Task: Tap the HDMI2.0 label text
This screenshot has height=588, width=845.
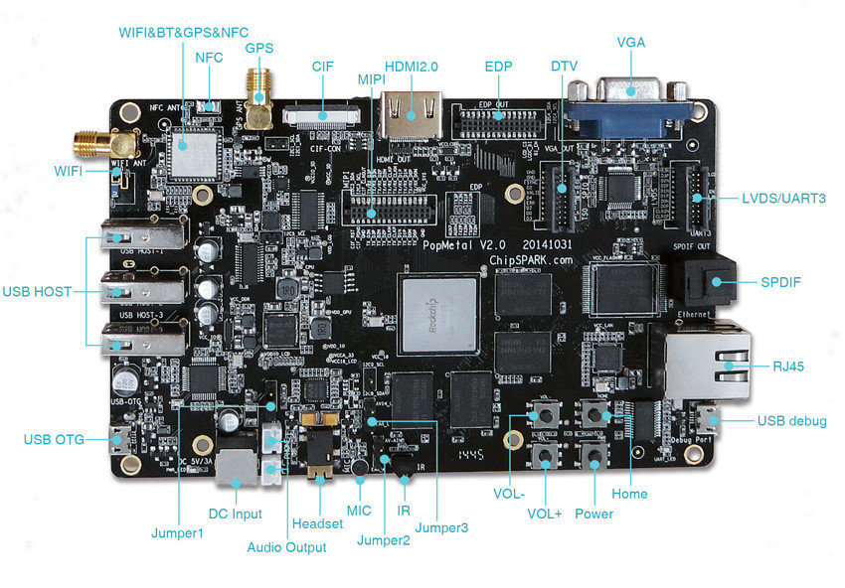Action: (412, 66)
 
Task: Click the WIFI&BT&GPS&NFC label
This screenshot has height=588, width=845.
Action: (183, 32)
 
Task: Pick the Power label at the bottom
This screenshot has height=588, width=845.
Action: (593, 514)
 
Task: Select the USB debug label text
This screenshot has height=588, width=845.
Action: (791, 422)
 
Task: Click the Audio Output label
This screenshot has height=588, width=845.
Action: (286, 547)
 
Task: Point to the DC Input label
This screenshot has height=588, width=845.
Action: (235, 514)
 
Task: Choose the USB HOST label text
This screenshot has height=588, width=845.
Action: (41, 292)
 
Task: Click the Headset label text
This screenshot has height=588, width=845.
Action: (317, 523)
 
